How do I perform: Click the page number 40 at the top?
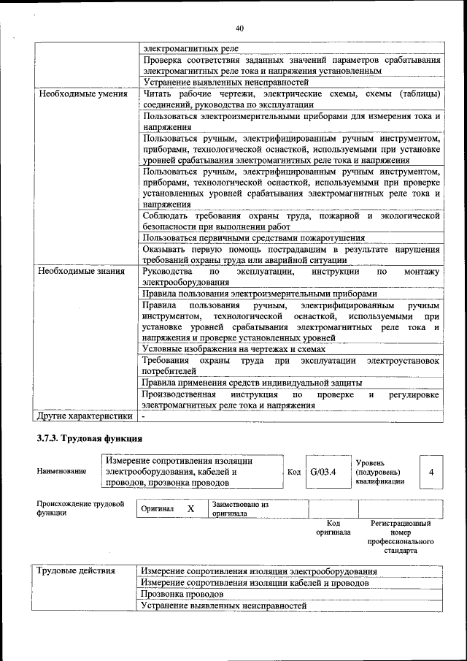[239, 28]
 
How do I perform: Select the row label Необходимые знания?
[82, 272]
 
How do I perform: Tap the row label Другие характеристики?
[85, 416]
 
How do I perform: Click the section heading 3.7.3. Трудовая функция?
[89, 439]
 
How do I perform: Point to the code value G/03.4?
[323, 472]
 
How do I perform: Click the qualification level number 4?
[431, 472]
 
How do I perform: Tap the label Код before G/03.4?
[294, 472]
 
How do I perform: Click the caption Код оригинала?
[333, 528]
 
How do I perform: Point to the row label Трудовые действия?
[77, 570]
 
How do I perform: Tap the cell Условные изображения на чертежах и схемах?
[233, 349]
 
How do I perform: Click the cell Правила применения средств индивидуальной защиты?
[252, 382]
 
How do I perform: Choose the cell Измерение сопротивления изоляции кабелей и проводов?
[255, 583]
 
